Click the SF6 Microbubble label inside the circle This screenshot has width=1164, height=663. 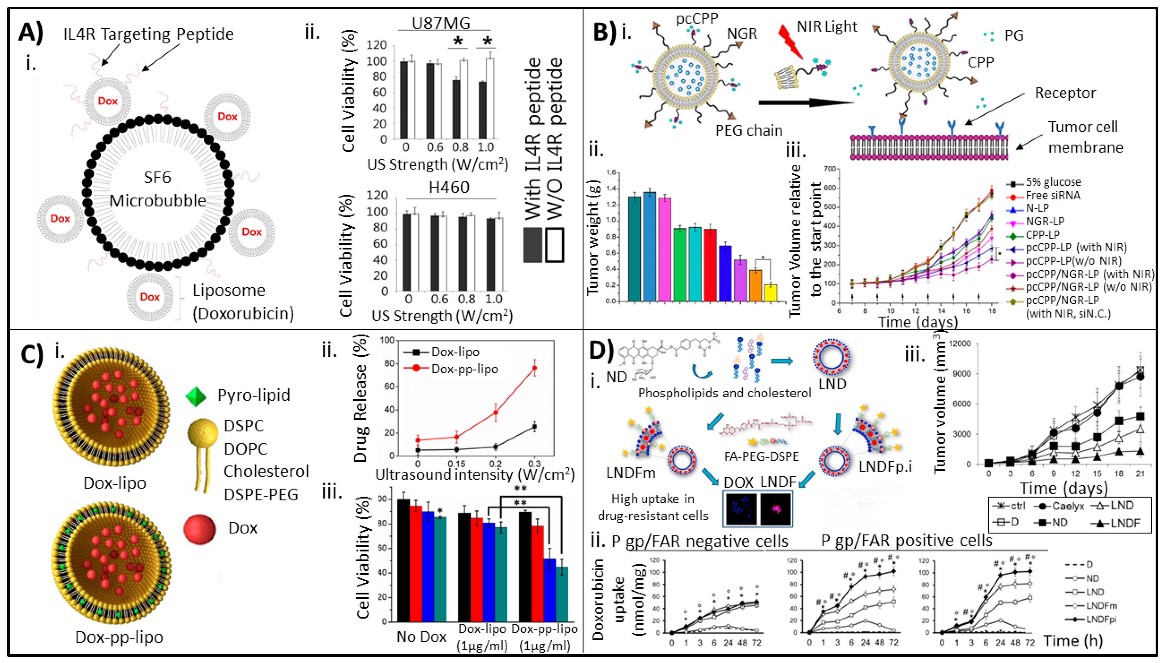coord(157,189)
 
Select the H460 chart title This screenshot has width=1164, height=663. coord(449,188)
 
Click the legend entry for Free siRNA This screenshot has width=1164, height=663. coord(1052,195)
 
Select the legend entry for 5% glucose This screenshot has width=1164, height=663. coord(1052,182)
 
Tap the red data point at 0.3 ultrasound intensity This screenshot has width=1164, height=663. coord(535,368)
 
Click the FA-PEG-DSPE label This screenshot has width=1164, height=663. coord(761,456)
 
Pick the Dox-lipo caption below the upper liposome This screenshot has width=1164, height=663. coord(115,483)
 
